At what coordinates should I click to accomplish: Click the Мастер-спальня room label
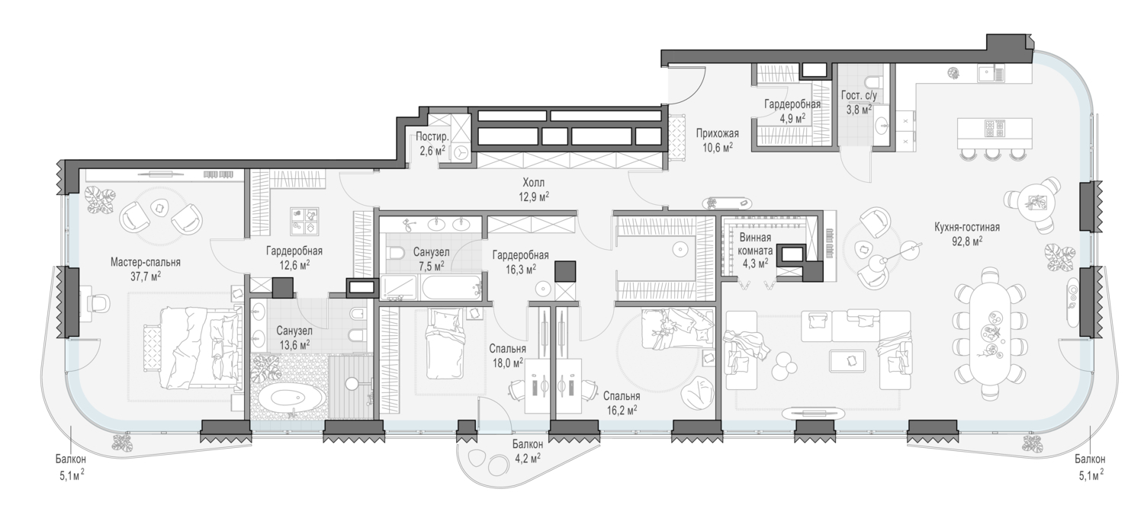[146, 262]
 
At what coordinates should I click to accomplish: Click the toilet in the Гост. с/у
[872, 82]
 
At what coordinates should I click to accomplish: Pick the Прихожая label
[717, 133]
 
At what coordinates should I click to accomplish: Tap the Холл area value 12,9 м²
[534, 196]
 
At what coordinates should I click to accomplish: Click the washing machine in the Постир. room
[461, 154]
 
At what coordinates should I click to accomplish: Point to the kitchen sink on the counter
[991, 75]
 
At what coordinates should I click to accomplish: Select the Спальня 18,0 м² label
[507, 356]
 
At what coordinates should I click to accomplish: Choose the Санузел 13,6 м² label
[294, 337]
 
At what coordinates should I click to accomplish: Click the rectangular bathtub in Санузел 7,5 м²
[452, 288]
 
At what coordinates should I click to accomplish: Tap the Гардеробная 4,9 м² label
[792, 110]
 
